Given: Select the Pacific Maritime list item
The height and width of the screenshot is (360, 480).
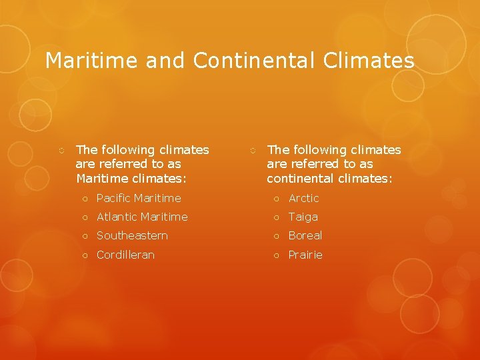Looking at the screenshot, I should (x=139, y=198).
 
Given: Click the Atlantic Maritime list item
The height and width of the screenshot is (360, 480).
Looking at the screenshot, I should (x=142, y=217).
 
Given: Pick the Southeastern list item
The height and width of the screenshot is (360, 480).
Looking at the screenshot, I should (x=132, y=235).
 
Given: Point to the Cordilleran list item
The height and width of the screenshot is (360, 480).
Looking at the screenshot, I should (x=125, y=255).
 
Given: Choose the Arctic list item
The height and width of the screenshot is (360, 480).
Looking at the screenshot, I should (x=304, y=198).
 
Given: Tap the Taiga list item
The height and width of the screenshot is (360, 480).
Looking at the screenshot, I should (x=303, y=217).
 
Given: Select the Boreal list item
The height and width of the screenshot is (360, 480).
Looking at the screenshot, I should (x=305, y=235).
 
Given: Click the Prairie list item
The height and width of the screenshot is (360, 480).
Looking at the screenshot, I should (x=305, y=255).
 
